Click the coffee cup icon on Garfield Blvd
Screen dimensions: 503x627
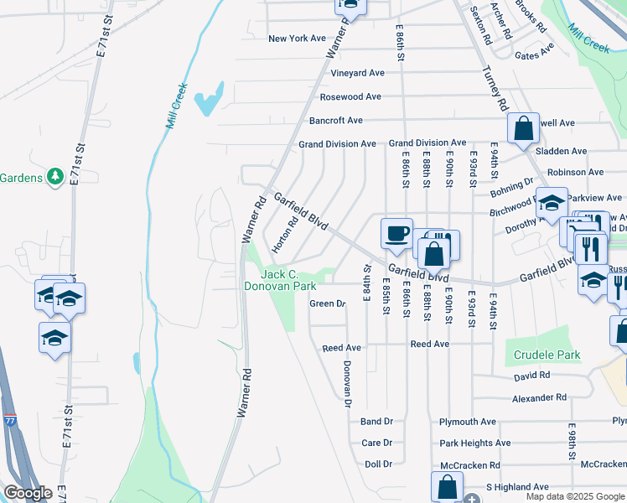coord(396,232)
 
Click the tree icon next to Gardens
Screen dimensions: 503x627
coord(55,176)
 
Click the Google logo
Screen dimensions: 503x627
coord(28,493)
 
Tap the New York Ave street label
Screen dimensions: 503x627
coord(297,39)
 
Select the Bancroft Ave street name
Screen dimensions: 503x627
coord(335,121)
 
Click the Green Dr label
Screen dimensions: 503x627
coord(328,303)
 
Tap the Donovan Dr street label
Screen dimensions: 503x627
coord(346,384)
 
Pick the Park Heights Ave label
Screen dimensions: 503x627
coord(474,443)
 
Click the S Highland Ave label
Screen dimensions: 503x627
coord(517,486)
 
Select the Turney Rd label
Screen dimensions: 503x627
coord(495,91)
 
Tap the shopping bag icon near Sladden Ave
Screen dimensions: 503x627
coord(523,129)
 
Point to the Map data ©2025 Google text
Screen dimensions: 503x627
coord(575,496)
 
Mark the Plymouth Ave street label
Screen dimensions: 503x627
coord(468,422)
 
